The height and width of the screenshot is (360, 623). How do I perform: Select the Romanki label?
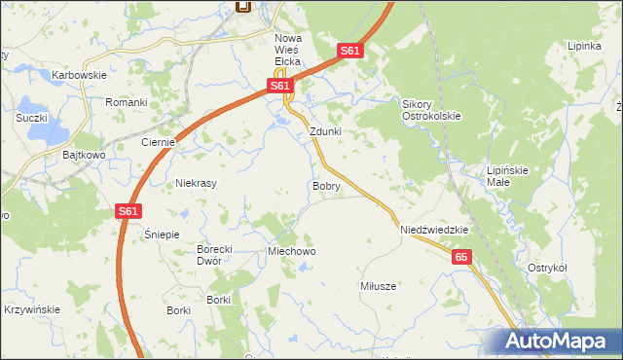(126, 102)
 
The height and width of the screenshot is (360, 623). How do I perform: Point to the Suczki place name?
(31, 118)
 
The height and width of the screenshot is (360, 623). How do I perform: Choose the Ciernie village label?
(158, 142)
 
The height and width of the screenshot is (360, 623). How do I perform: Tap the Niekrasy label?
(196, 183)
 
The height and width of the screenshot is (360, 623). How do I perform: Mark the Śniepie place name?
(162, 234)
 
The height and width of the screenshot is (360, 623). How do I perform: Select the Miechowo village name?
(292, 251)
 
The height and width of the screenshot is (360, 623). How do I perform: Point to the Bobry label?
(326, 185)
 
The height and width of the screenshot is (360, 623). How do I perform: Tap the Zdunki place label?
(325, 131)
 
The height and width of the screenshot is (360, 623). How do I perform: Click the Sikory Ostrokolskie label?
(431, 109)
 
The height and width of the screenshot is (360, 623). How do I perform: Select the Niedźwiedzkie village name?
(435, 231)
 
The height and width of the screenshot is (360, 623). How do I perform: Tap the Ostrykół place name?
(547, 268)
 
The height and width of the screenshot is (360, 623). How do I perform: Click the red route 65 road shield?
(461, 257)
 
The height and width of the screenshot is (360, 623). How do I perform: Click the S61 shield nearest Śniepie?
(128, 210)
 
